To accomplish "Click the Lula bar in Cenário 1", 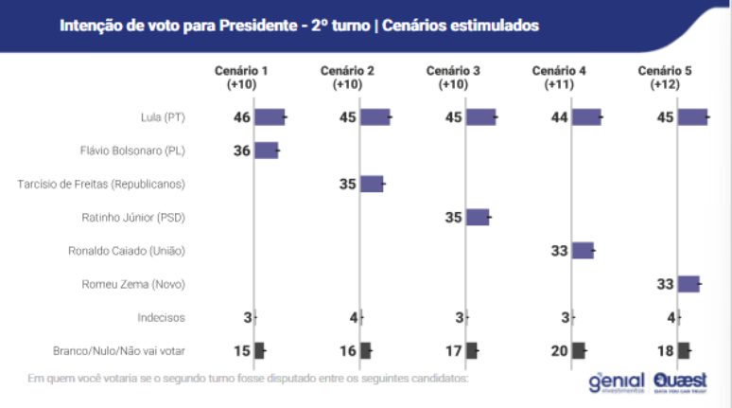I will [270, 117].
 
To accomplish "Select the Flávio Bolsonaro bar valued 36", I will [266, 151].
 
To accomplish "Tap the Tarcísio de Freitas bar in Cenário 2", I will [372, 184].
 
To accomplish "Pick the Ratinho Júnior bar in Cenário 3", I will [478, 217].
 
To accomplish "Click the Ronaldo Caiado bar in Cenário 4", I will [583, 250].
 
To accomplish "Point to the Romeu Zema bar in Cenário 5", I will [688, 283].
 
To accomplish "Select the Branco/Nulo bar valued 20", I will [579, 350].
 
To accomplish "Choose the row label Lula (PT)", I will [161, 117].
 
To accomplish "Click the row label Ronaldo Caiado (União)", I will [127, 251].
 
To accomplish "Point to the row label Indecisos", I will [161, 317].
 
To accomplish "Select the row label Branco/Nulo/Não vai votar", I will [118, 350].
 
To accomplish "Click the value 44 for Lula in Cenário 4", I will [559, 117].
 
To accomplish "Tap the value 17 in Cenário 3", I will [453, 350].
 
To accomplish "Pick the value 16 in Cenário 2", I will [347, 350].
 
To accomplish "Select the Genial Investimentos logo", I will [616, 381].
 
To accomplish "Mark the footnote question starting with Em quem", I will [247, 379].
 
